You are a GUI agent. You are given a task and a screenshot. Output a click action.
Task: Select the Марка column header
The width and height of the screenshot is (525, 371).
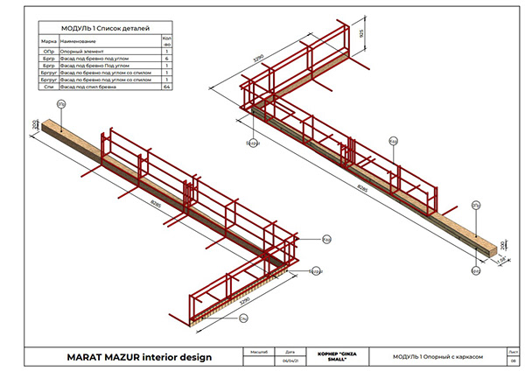tap(49, 41)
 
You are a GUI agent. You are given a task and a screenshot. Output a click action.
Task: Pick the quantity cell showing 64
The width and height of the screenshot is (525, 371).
tap(166, 87)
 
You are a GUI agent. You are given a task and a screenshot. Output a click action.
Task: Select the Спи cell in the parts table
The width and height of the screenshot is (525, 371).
tap(49, 87)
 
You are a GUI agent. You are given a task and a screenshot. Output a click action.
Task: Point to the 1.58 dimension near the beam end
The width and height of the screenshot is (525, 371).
tap(500, 260)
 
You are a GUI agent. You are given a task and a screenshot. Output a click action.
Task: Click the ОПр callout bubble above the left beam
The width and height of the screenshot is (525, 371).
tap(60, 103)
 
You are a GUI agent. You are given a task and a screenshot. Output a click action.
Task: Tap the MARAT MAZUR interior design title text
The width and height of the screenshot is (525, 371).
tap(131, 356)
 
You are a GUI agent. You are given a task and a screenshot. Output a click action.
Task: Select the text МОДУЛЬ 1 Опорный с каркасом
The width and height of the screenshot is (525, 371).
tap(438, 356)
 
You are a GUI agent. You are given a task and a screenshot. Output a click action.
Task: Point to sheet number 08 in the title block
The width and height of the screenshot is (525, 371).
tap(512, 360)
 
